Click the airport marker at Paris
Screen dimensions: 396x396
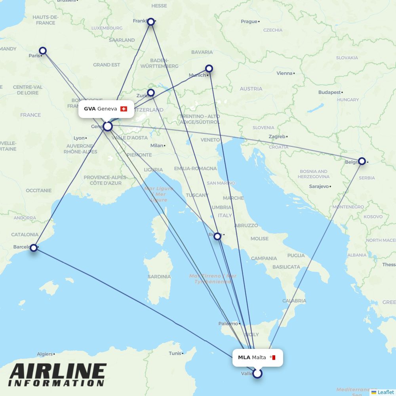point(43,51)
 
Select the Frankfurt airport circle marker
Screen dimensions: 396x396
point(150,21)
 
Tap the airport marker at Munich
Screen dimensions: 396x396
point(209,69)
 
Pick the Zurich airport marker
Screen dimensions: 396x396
point(151,93)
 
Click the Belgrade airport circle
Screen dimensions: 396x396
point(362,161)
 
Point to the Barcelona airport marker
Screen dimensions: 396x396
point(34,248)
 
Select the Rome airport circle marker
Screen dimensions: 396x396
point(217,236)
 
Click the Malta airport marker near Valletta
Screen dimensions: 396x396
point(257,373)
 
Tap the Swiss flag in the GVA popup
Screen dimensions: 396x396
point(124,109)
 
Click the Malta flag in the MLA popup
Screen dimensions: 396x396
point(272,358)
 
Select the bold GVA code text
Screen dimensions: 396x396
point(89,109)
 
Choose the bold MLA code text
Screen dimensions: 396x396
point(244,358)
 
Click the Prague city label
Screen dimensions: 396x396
point(249,21)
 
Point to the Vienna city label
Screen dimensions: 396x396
point(284,73)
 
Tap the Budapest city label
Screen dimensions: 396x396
point(329,92)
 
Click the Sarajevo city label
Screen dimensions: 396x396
point(319,186)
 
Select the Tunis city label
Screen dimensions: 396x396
point(175,353)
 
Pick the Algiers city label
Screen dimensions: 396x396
point(44,354)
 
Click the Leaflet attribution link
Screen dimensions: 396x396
point(385,392)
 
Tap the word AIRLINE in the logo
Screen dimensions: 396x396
point(58,372)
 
